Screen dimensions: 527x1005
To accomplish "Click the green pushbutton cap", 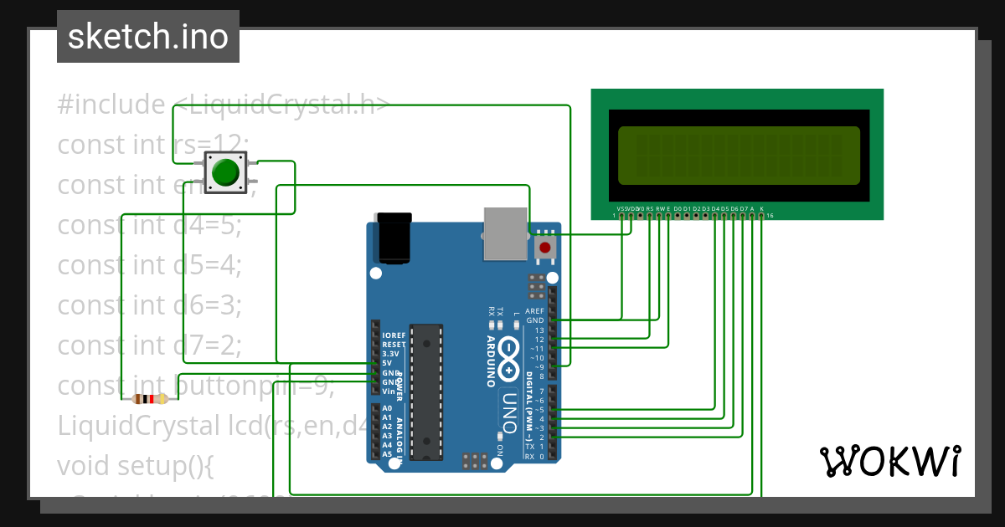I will [225, 171].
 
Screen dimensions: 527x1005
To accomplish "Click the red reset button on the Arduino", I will [545, 248].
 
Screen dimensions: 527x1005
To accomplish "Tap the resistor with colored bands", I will [149, 399].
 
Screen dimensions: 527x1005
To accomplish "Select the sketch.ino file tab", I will [148, 37].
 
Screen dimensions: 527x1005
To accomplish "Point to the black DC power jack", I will [394, 239].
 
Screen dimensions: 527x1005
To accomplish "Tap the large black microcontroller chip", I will [425, 391].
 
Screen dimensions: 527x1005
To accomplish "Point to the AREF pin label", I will [534, 311].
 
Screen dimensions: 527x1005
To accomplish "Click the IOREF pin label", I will [394, 335].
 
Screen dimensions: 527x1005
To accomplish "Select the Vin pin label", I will [389, 391].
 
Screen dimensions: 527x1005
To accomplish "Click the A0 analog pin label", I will [387, 407].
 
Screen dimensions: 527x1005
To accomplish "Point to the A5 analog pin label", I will [387, 454].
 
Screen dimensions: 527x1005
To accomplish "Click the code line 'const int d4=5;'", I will [149, 224].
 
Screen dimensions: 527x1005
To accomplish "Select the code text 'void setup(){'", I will [136, 466].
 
